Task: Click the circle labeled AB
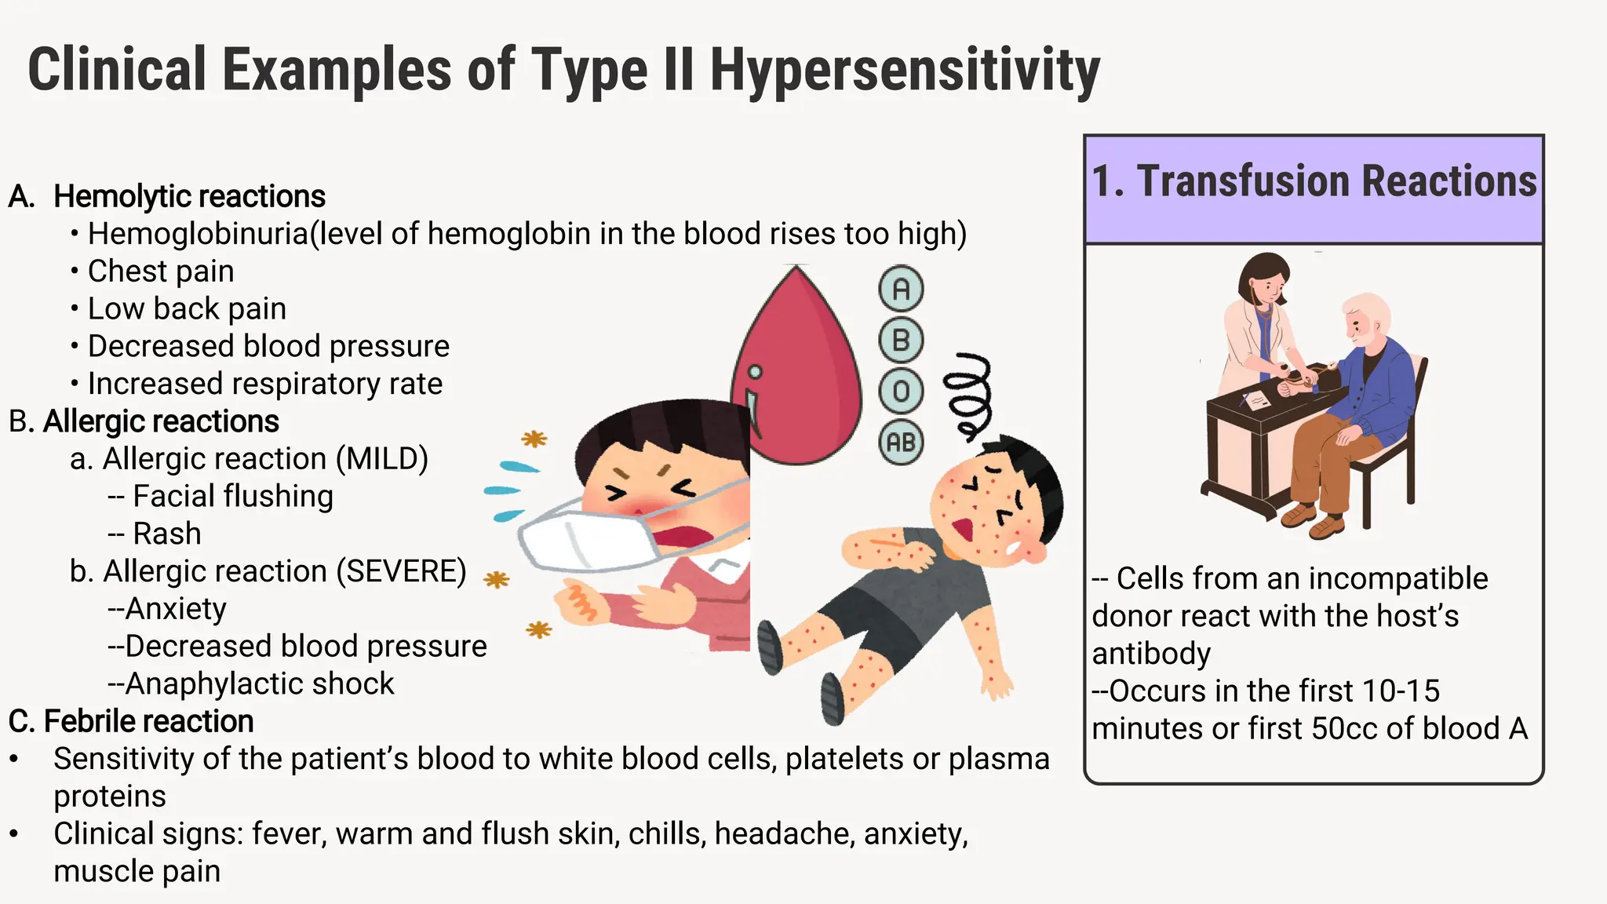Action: pos(901,443)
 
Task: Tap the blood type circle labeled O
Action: pos(901,392)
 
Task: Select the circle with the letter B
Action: pos(901,341)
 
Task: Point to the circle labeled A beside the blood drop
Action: pos(901,290)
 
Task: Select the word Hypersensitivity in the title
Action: pos(905,71)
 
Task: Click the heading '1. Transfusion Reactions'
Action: pos(1314,181)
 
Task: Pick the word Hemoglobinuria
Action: pos(199,234)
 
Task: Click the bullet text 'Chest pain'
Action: pos(161,272)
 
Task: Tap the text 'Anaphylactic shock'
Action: pos(259,684)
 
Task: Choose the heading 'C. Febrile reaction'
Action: pos(131,721)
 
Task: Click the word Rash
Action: pos(167,534)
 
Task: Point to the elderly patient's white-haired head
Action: pos(1365,318)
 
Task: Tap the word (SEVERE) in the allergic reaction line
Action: pos(402,571)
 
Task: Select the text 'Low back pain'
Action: pos(187,309)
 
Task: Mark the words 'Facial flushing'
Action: pos(233,496)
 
